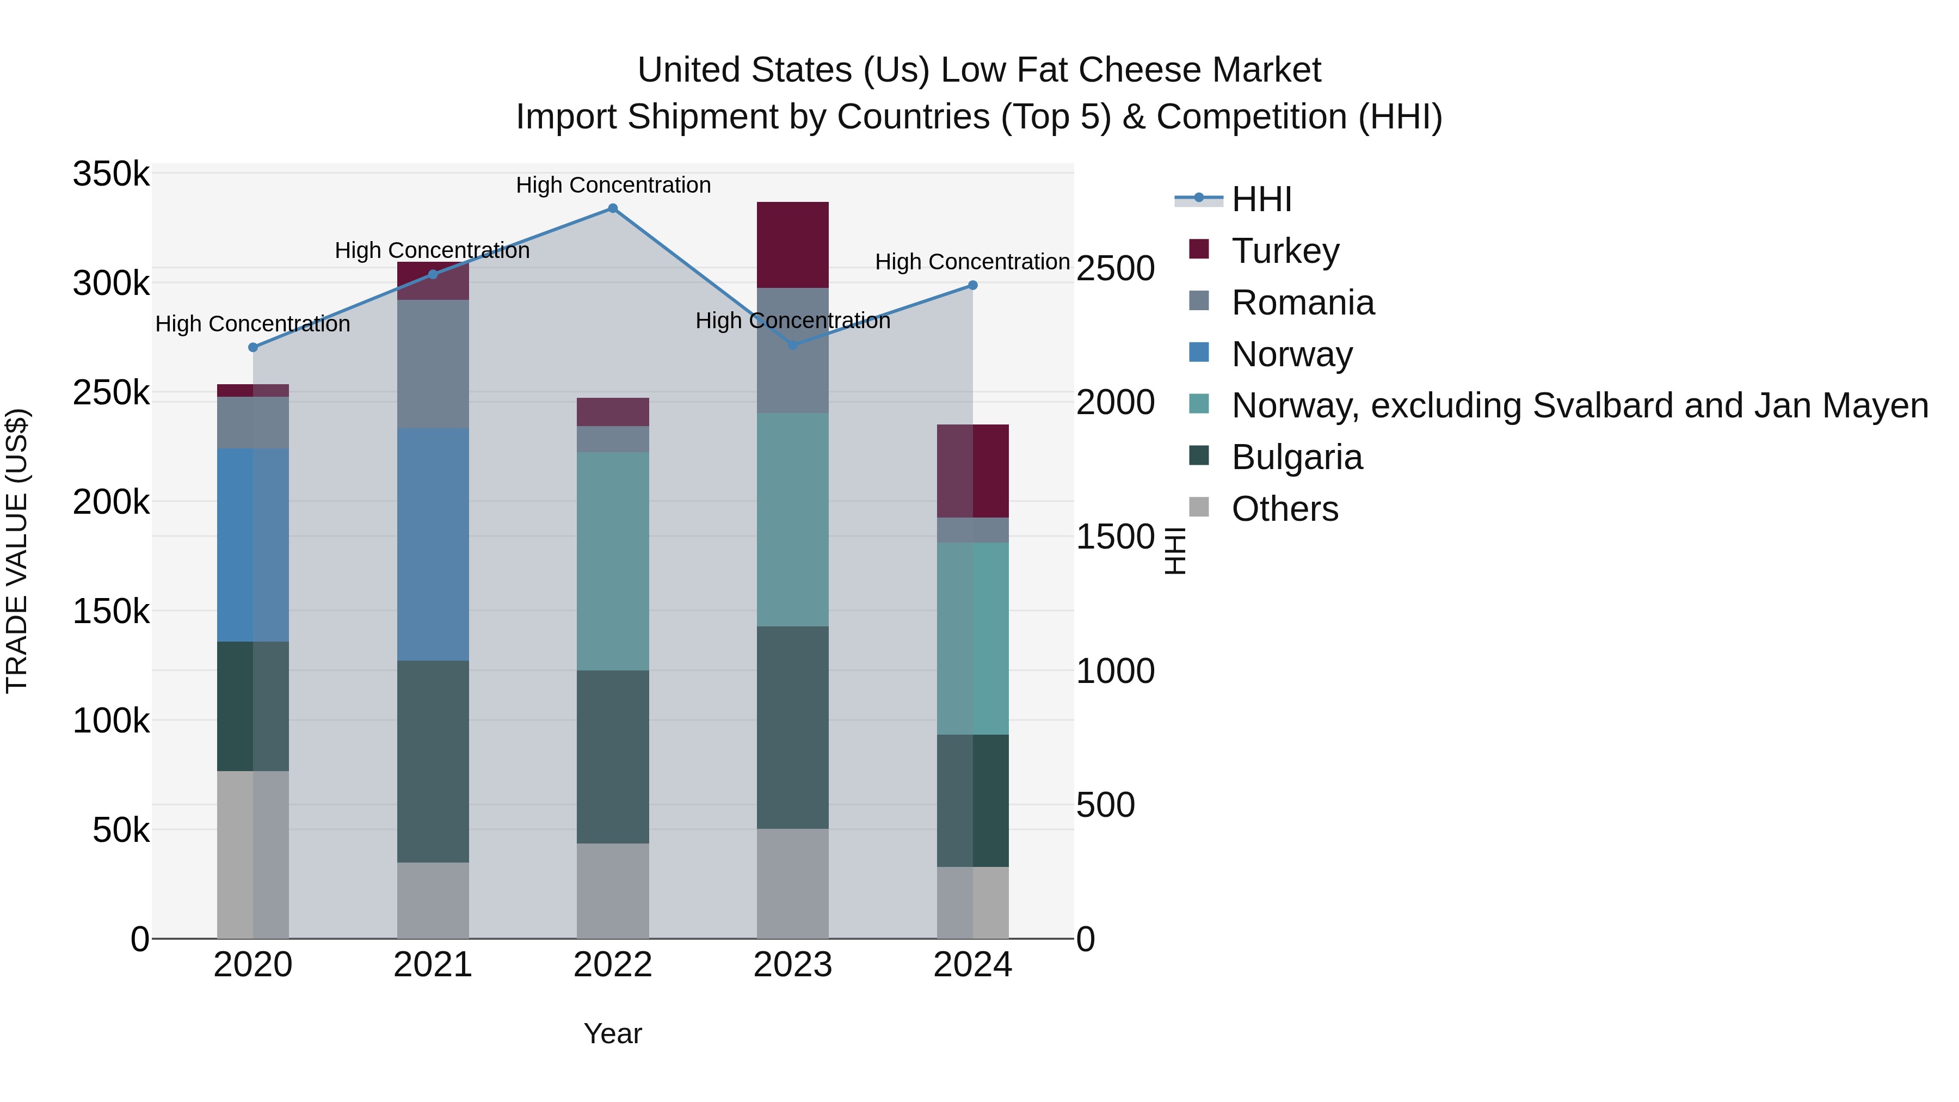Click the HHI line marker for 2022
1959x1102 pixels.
(612, 208)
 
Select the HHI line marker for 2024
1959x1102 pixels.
(972, 285)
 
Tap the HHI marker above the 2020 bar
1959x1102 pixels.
(253, 348)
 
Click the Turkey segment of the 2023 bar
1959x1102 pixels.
(792, 245)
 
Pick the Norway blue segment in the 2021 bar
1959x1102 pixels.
(433, 545)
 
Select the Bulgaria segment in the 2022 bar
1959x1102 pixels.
(612, 757)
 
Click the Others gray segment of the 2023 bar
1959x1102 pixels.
(792, 883)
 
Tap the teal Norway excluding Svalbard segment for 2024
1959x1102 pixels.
(972, 639)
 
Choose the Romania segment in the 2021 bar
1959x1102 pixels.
(433, 364)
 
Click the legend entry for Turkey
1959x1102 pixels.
(1285, 251)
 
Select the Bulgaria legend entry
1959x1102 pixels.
(1297, 458)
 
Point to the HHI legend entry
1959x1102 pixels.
(1261, 199)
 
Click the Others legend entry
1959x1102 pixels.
(1284, 509)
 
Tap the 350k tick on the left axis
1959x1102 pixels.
(111, 174)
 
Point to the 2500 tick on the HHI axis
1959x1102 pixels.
(1116, 268)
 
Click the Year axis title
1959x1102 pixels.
(612, 1033)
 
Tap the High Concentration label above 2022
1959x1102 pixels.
(613, 185)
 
